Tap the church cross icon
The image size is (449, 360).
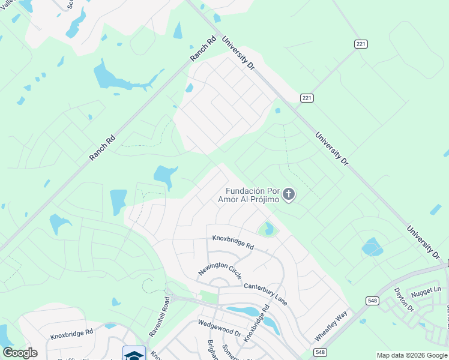click(289, 194)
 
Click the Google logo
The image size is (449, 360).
click(20, 353)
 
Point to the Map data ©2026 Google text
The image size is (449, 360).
click(412, 355)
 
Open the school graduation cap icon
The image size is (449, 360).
click(134, 354)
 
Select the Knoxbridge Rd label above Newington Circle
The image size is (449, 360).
click(233, 242)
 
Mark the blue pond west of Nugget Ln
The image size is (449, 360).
click(372, 247)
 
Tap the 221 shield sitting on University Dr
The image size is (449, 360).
click(307, 98)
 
